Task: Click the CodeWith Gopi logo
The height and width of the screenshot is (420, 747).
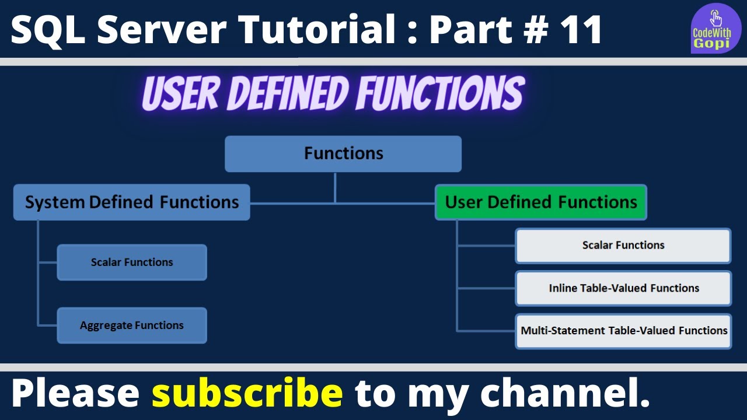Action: coord(715,29)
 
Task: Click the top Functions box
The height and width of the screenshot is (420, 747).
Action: coord(343,154)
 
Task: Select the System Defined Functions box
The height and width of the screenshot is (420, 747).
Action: coord(131,202)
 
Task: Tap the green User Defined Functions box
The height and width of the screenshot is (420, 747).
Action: coord(540,202)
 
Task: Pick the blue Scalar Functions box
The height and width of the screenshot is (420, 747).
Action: coord(132,262)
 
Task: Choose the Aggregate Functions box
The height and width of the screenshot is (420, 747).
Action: coord(132,325)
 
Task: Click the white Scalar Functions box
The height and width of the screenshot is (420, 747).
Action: coord(623,246)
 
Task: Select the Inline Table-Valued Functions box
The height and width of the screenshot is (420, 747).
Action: coord(623,288)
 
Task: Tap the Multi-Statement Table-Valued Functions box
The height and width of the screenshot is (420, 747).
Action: coord(623,331)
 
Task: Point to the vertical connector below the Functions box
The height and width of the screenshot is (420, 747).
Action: coord(335,187)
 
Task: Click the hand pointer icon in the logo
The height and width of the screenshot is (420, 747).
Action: coord(716,17)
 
